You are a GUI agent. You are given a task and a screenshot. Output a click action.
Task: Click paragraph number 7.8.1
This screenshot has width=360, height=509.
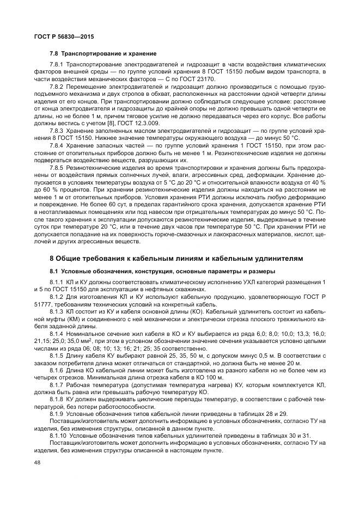pos(57,64)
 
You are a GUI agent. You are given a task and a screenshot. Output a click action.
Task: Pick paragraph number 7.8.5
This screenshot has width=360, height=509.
pos(57,168)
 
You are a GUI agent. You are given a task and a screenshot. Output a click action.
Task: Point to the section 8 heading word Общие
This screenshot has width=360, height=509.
pos(68,257)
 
